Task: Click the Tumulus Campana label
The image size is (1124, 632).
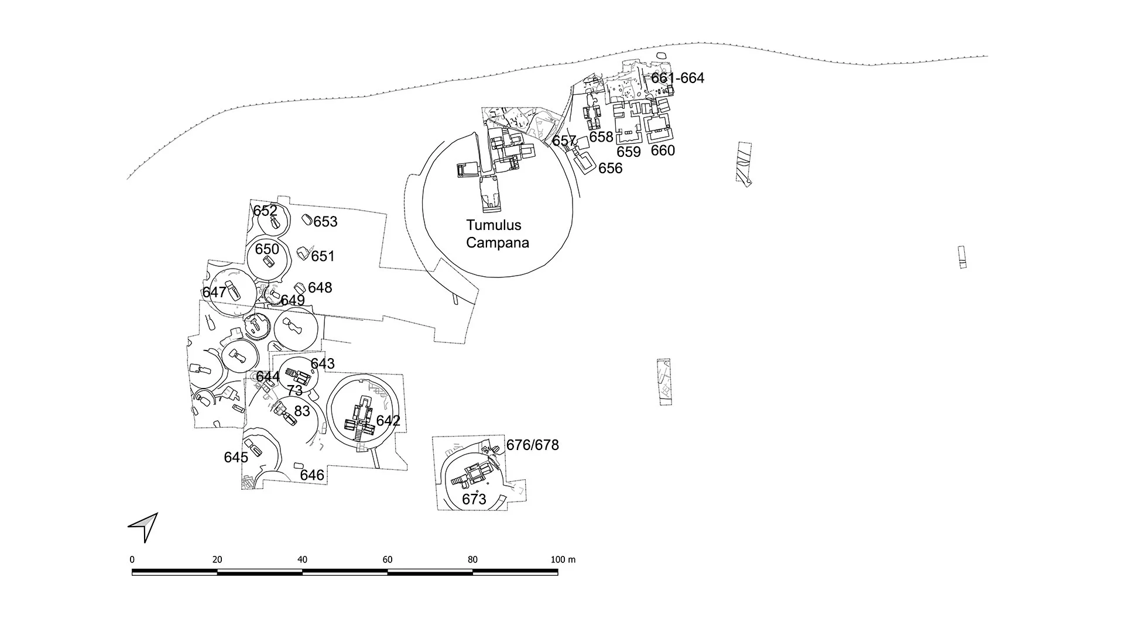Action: (x=497, y=233)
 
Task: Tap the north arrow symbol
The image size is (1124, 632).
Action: (x=144, y=526)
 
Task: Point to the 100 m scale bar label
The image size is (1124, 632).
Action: (x=563, y=559)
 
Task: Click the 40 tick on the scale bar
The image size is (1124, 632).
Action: (x=302, y=559)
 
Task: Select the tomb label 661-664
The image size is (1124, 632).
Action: (x=677, y=78)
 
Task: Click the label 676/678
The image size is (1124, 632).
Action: (x=532, y=445)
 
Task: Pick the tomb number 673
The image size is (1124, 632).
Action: (x=474, y=499)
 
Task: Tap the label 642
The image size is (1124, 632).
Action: (x=388, y=421)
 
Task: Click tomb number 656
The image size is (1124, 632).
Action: (x=610, y=169)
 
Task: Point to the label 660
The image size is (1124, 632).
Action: (x=663, y=150)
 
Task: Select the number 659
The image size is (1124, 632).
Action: (x=629, y=152)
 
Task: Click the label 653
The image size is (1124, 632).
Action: (x=325, y=222)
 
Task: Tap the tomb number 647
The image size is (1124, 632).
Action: (x=214, y=292)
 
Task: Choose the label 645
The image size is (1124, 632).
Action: (x=236, y=457)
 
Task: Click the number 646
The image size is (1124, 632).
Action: (x=312, y=475)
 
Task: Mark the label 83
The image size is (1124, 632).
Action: (x=301, y=411)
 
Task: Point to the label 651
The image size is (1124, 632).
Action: (x=323, y=256)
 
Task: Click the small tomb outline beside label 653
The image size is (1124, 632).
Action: (x=306, y=219)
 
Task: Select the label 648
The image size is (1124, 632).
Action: (x=320, y=287)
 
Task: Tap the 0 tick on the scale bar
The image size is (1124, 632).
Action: (x=132, y=559)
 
